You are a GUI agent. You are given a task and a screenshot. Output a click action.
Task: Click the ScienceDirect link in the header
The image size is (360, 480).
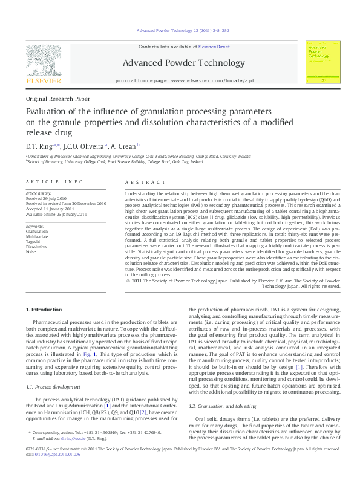[214, 46]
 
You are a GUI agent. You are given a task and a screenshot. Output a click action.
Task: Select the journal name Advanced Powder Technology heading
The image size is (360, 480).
[183, 63]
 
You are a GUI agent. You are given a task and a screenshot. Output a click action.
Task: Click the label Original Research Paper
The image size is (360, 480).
[57, 99]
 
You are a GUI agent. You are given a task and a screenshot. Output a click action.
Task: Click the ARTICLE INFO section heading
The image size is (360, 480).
[54, 182]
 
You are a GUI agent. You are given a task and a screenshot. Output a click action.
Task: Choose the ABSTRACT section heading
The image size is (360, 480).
[145, 182]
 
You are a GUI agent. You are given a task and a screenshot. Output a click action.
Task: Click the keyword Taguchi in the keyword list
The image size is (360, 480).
[34, 241]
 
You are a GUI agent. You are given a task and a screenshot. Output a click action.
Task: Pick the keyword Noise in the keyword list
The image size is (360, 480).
[31, 251]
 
